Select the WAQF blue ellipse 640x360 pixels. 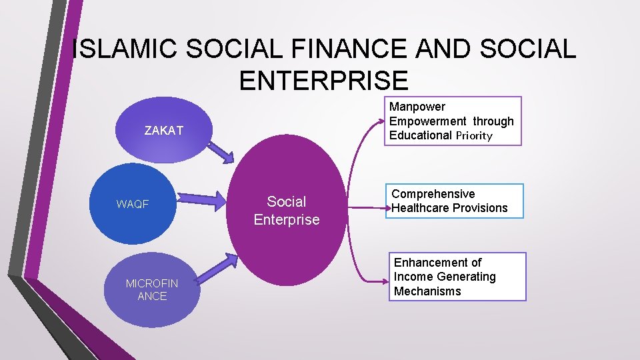(133, 204)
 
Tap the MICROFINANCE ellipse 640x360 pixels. (152, 289)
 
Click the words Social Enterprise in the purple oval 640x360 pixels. (287, 210)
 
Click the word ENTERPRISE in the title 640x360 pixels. (323, 81)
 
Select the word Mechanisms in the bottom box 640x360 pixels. (427, 291)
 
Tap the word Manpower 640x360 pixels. (417, 107)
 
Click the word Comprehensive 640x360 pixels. (433, 194)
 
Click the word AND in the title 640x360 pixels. (445, 49)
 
